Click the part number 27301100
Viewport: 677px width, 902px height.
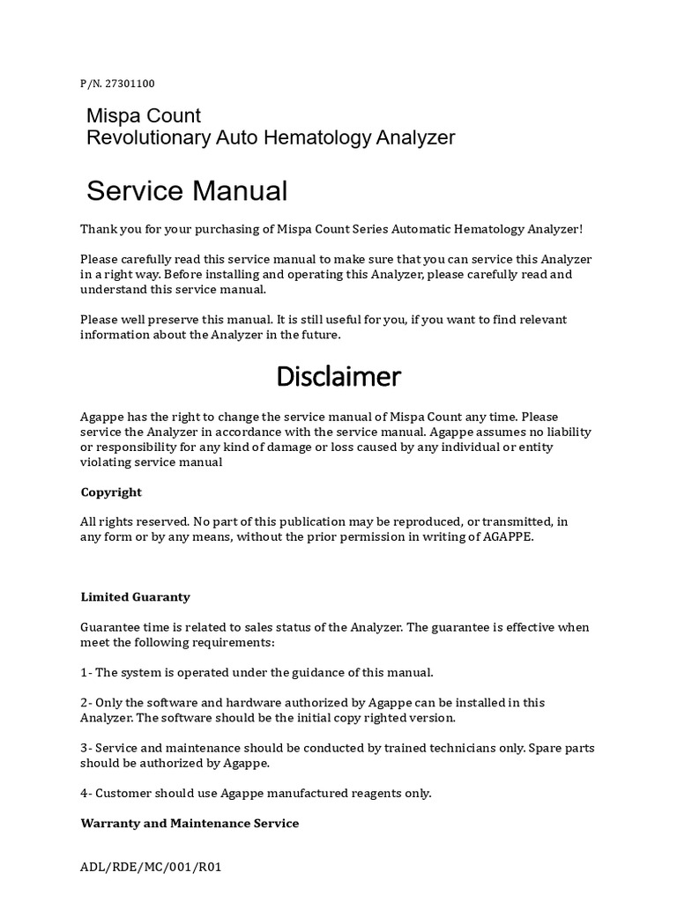(130, 84)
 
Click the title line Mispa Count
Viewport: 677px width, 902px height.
(143, 115)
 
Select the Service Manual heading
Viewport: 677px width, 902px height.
(187, 190)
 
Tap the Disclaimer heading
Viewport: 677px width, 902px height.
(338, 377)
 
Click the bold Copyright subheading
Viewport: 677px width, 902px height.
(111, 492)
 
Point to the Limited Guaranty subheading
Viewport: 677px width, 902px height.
(135, 596)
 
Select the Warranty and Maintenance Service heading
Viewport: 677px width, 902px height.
(190, 823)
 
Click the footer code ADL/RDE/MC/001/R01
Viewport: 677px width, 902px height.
(151, 867)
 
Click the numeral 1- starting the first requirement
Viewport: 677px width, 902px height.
(86, 672)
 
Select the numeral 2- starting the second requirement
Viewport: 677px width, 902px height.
(86, 702)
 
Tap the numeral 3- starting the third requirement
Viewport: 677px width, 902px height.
(86, 748)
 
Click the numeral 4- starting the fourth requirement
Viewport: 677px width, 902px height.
(86, 793)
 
